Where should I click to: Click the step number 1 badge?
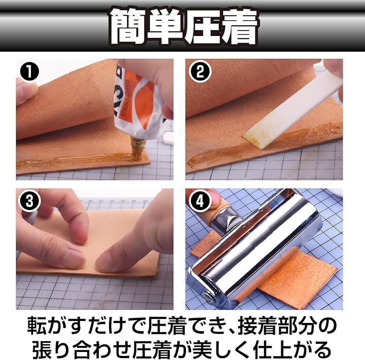coord(29,71)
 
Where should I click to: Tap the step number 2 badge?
coord(200,71)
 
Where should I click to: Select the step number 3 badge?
coord(29,201)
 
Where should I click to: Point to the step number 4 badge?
coord(200,202)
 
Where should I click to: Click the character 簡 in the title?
coord(127,27)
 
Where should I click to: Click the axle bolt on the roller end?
coord(208,297)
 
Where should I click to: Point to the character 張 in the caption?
coord(42,349)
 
